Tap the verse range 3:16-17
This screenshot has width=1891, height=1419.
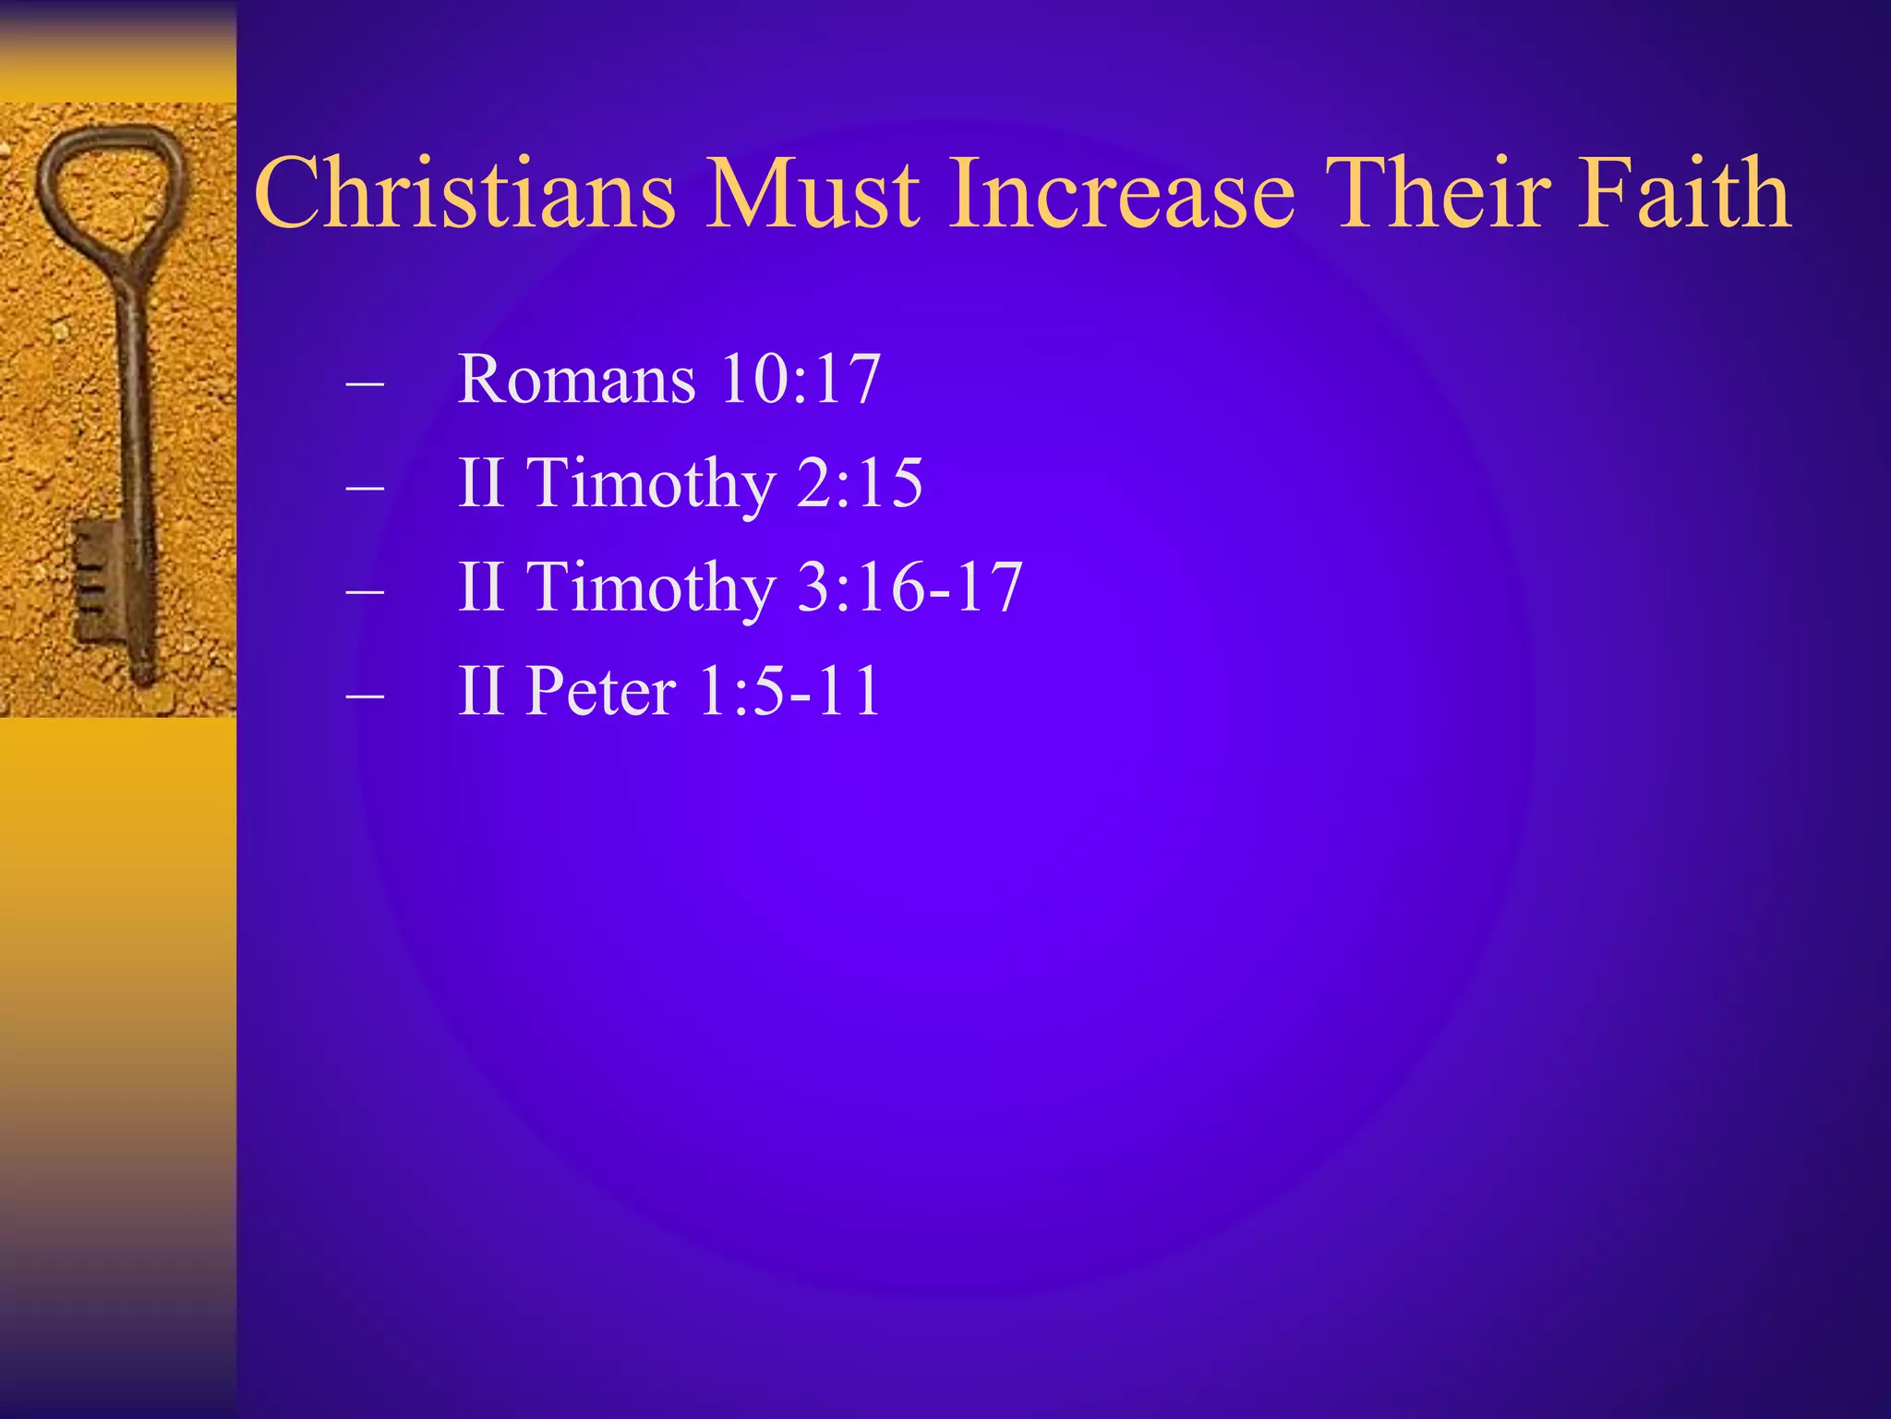point(909,587)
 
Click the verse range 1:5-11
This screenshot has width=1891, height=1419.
point(789,691)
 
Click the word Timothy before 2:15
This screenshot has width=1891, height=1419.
point(651,484)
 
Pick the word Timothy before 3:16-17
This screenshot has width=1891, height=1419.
point(651,588)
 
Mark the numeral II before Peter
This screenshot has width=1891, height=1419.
point(481,691)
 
